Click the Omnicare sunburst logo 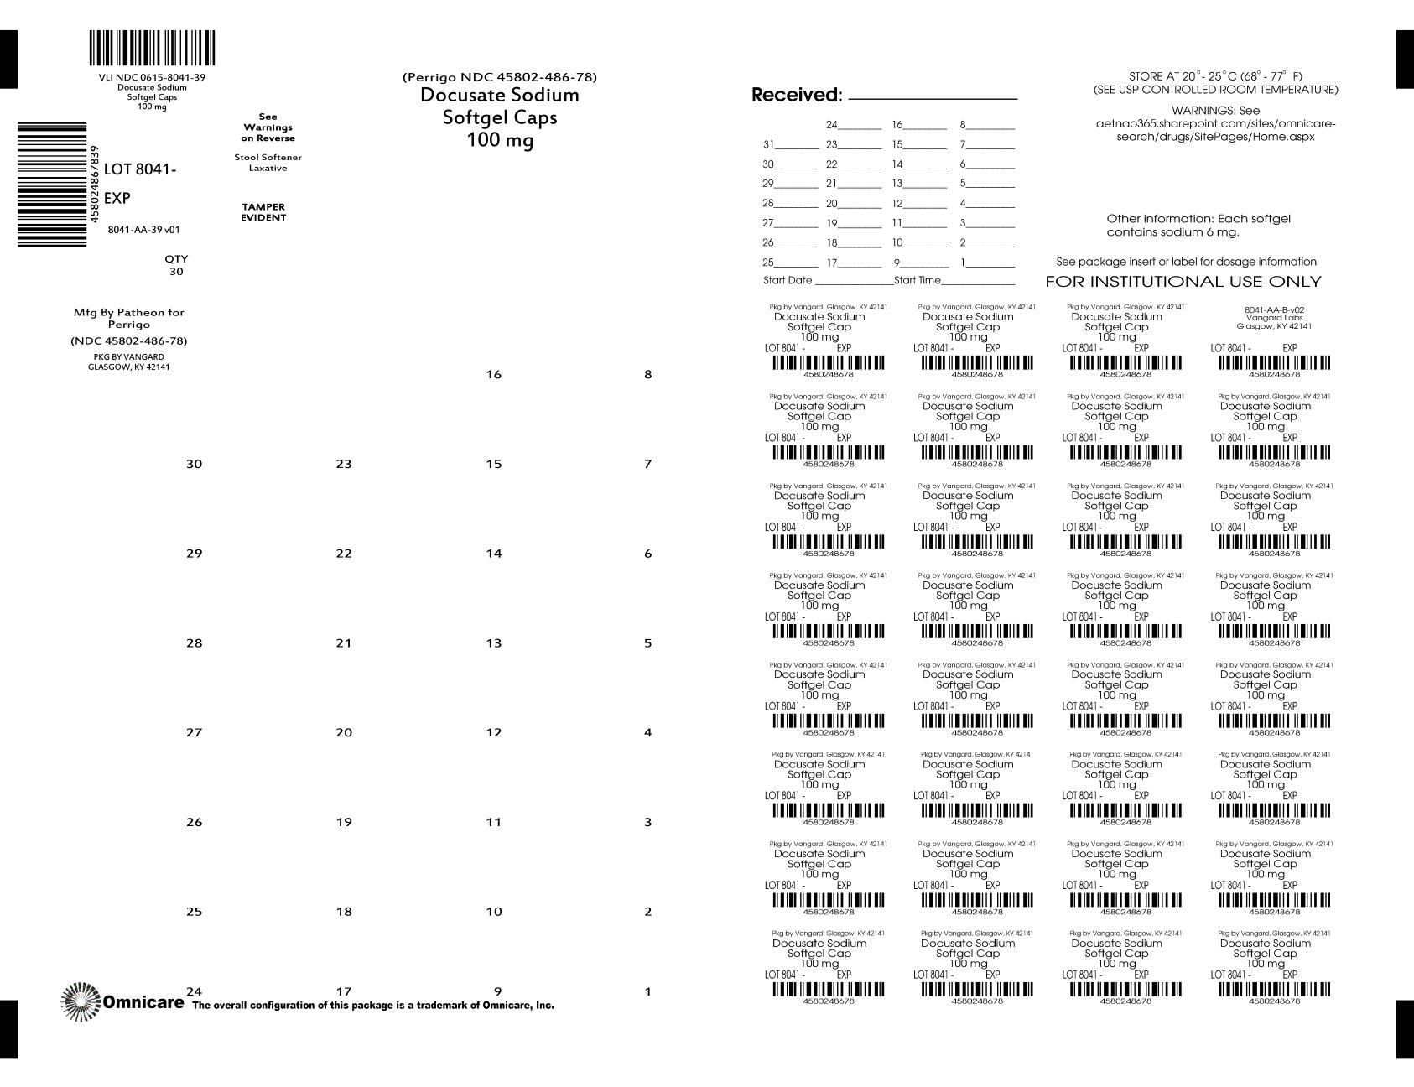pos(81,1001)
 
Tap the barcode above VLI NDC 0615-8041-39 pos(152,48)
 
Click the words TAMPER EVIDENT pos(263,212)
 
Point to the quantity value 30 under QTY pos(176,272)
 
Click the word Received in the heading pos(796,95)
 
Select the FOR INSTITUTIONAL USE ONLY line pos(1183,282)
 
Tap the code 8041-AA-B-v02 pos(1274,309)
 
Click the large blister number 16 pos(493,375)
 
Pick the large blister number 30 pos(194,464)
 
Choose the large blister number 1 pos(647,992)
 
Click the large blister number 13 pos(493,643)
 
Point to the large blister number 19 pos(344,822)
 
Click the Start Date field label pos(788,280)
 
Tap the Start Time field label pos(918,280)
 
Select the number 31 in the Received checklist pos(768,144)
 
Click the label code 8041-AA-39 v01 pos(143,230)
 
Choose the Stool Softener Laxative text pos(268,163)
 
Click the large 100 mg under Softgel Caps pos(500,140)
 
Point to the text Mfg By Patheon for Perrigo pos(128,318)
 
